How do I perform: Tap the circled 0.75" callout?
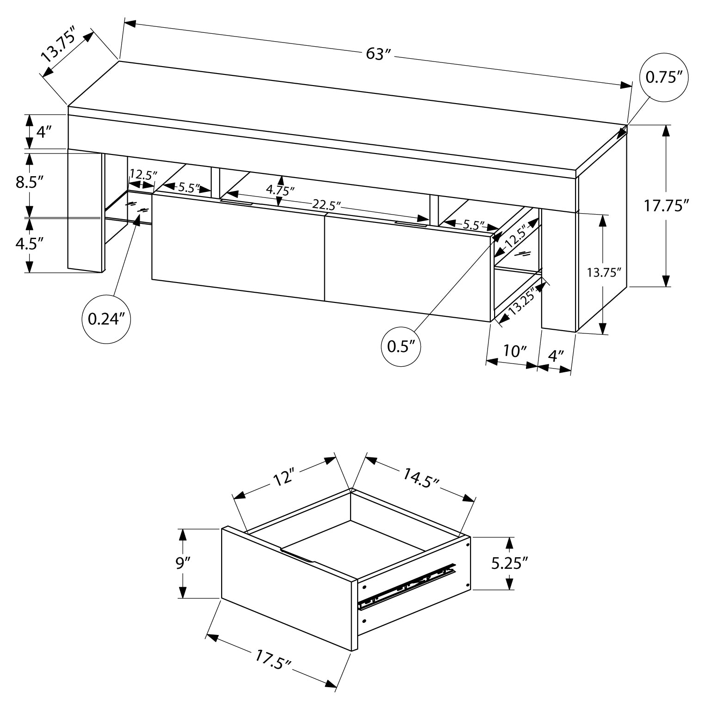[x=664, y=77]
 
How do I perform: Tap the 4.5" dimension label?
[x=29, y=244]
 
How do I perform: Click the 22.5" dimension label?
[x=326, y=204]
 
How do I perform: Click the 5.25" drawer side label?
[x=510, y=563]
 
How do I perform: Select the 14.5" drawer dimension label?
[x=421, y=478]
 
